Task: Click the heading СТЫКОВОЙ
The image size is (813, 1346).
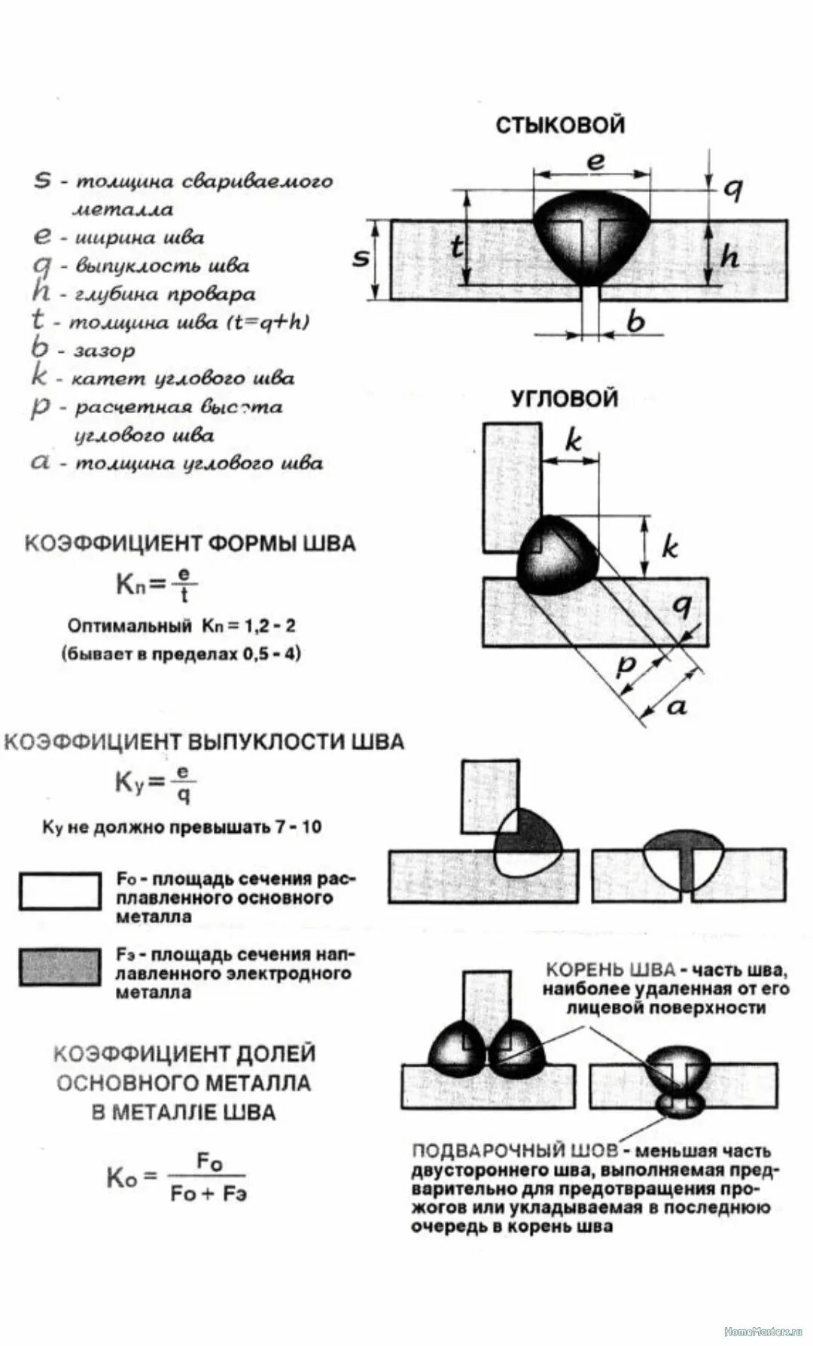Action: (560, 124)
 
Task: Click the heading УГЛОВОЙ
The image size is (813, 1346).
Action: (565, 398)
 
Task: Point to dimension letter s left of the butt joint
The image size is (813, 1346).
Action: (361, 257)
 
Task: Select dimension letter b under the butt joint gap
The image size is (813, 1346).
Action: (636, 322)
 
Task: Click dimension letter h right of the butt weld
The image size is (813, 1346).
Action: (729, 257)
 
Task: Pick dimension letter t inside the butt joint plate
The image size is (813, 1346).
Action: (457, 248)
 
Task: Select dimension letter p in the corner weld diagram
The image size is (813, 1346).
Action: (626, 665)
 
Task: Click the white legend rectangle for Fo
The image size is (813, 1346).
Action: (59, 892)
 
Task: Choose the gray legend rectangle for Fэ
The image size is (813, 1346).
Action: (59, 967)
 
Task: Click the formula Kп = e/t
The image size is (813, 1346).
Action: (157, 585)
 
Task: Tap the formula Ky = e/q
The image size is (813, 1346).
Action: (155, 784)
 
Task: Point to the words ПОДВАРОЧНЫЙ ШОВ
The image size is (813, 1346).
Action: (515, 1151)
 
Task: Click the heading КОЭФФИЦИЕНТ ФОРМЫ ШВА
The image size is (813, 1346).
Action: (190, 544)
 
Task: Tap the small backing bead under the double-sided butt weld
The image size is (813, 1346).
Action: (681, 1104)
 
